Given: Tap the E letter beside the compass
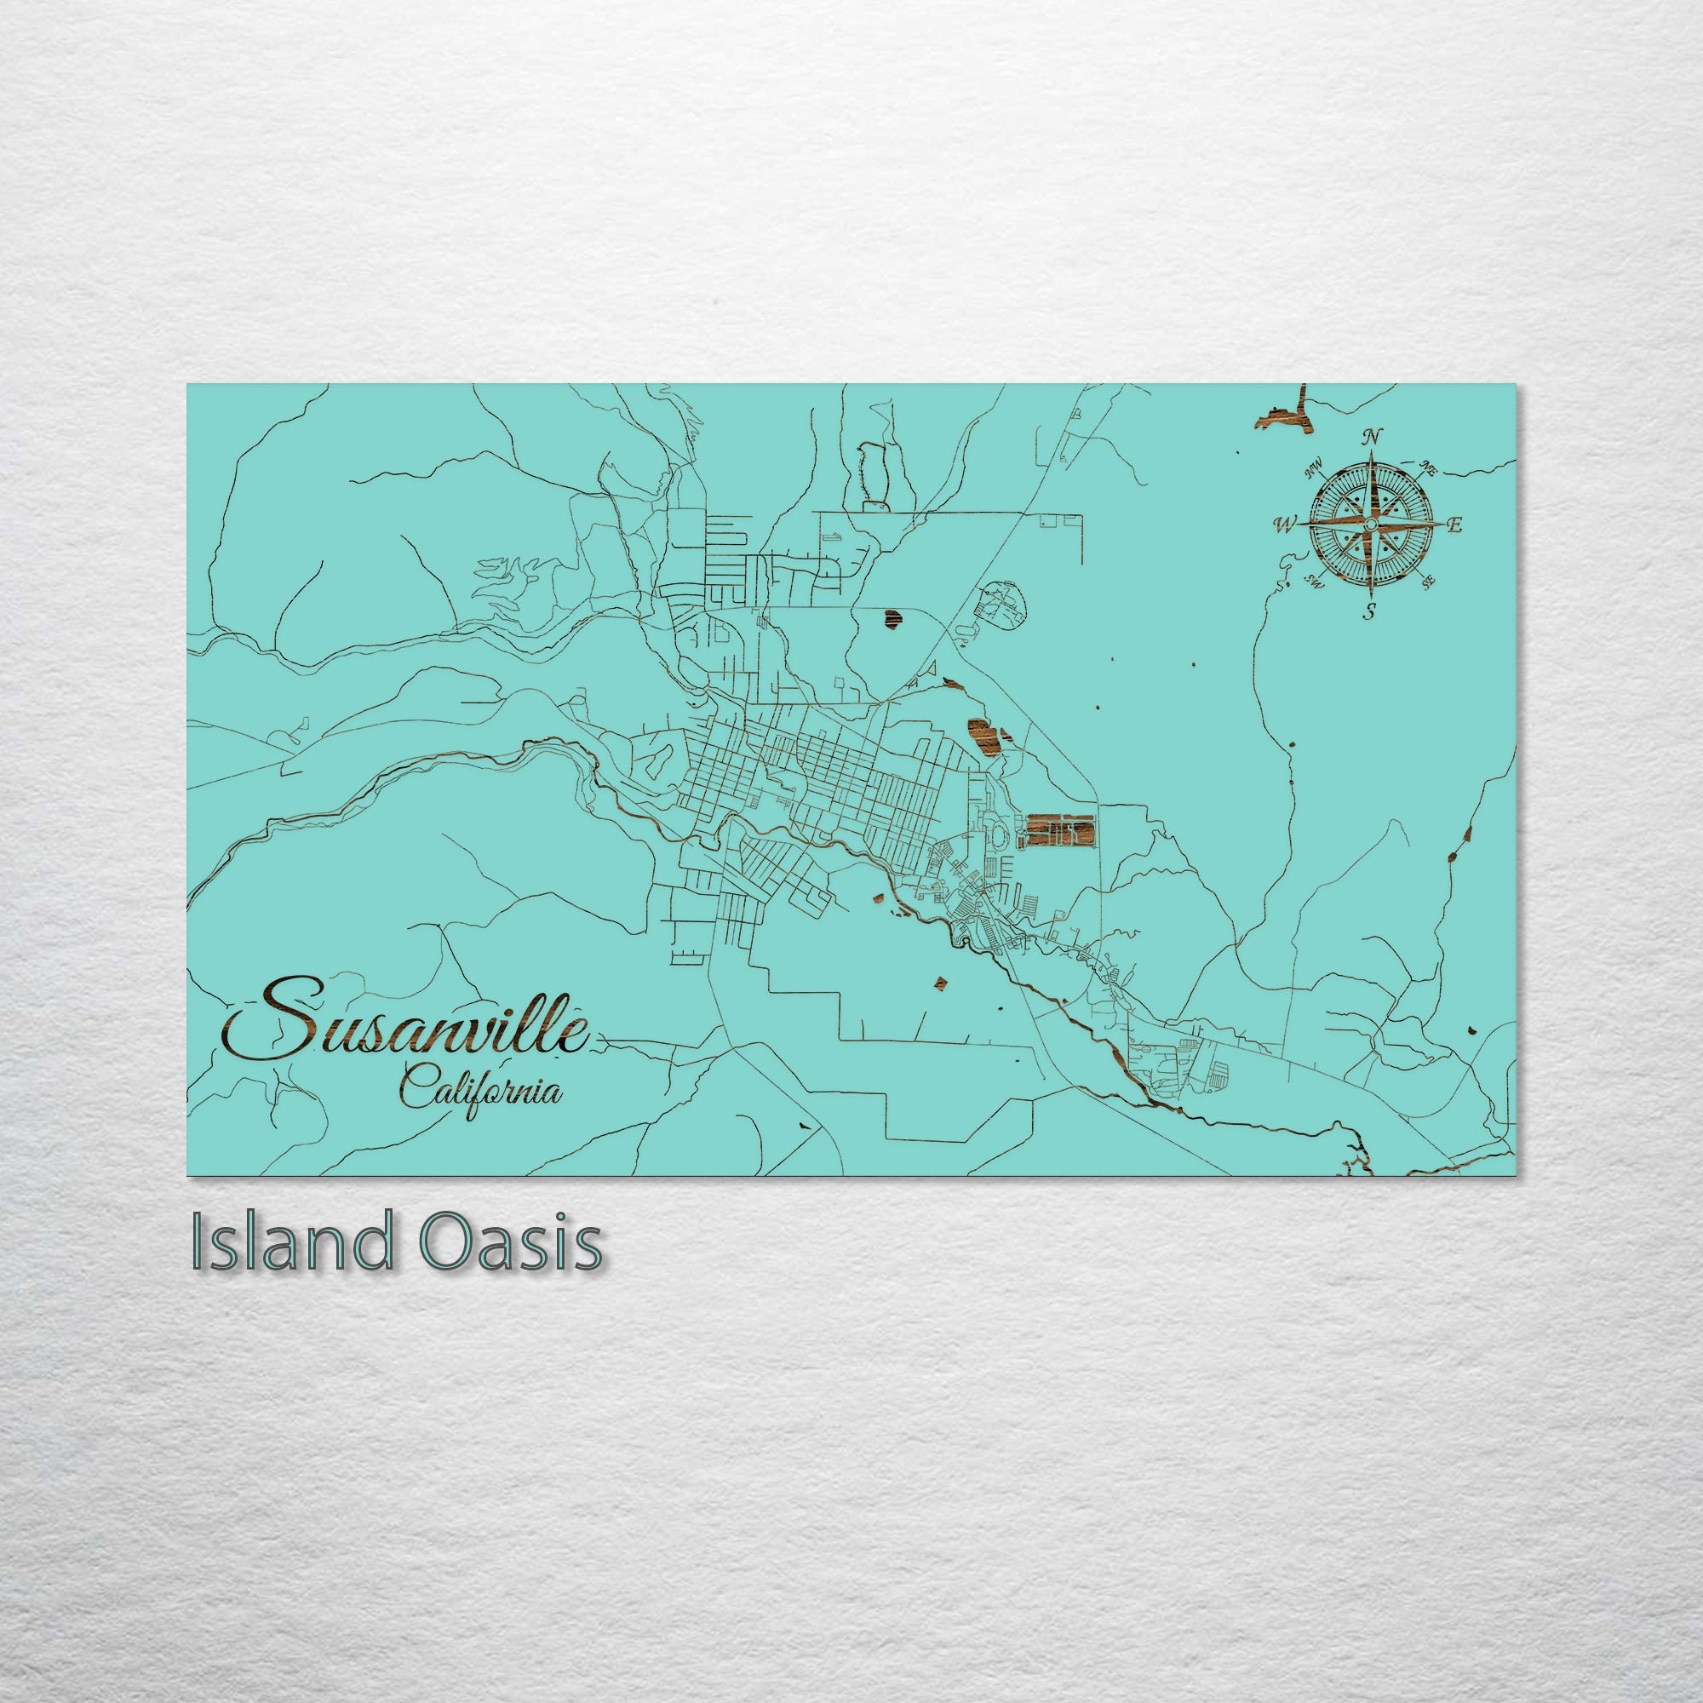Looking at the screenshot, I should pyautogui.click(x=1455, y=525).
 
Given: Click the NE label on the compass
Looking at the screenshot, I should pyautogui.click(x=1430, y=470).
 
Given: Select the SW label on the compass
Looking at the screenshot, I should pyautogui.click(x=1318, y=580).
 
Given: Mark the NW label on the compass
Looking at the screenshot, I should pyautogui.click(x=1316, y=467).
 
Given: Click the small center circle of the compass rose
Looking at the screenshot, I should pyautogui.click(x=1371, y=525).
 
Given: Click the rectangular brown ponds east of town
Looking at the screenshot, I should pyautogui.click(x=1058, y=829).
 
